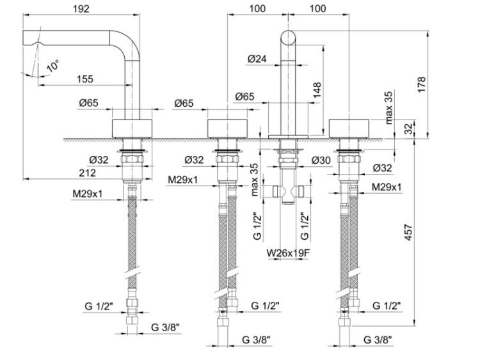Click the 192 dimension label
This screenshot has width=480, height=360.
pyautogui.click(x=81, y=8)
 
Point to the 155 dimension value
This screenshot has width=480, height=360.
pyautogui.click(x=84, y=79)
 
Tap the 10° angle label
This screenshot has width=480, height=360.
pyautogui.click(x=52, y=66)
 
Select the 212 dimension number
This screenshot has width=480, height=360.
pyautogui.click(x=87, y=173)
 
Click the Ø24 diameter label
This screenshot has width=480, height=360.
pyautogui.click(x=257, y=59)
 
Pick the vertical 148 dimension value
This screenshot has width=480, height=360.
pyautogui.click(x=317, y=90)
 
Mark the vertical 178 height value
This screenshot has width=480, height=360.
pyautogui.click(x=422, y=84)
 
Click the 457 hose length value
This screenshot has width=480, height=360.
pyautogui.click(x=409, y=233)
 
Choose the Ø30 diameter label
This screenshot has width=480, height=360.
pyautogui.click(x=321, y=160)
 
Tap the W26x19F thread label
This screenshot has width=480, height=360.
pyautogui.click(x=287, y=253)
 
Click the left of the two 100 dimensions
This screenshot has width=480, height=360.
pyautogui.click(x=257, y=8)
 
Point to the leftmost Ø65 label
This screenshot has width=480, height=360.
pyautogui.click(x=89, y=103)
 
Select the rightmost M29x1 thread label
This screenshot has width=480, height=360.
pyautogui.click(x=387, y=187)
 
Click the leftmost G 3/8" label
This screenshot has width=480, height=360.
pyautogui.click(x=165, y=327)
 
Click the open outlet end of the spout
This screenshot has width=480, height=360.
pyautogui.click(x=24, y=38)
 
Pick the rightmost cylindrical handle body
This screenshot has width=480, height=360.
pyautogui.click(x=349, y=129)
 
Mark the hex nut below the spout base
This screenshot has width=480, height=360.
pyautogui.click(x=132, y=159)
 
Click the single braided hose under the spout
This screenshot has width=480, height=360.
pyautogui.click(x=132, y=242)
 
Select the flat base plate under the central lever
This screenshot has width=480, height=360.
pyautogui.click(x=288, y=136)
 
